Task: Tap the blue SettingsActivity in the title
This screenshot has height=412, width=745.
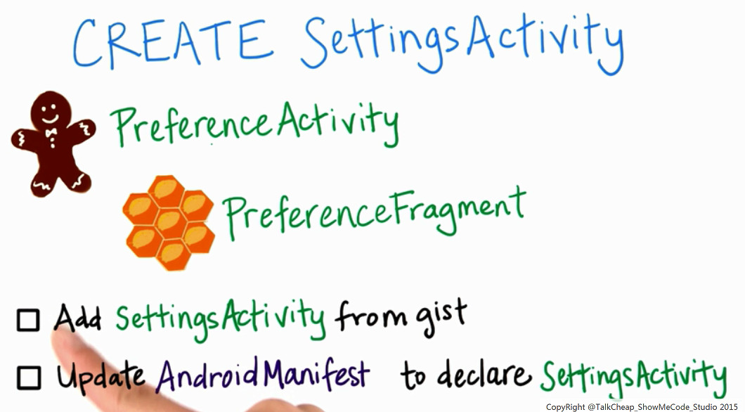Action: pyautogui.click(x=462, y=44)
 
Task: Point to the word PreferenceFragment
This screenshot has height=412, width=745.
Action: pyautogui.click(x=375, y=212)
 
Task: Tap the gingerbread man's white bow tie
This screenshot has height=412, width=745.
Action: pyautogui.click(x=51, y=132)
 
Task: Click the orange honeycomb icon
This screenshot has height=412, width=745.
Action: pyautogui.click(x=168, y=222)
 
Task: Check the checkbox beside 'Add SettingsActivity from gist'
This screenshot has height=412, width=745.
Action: pyautogui.click(x=28, y=320)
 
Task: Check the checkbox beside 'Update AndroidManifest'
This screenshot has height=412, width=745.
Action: pyautogui.click(x=29, y=378)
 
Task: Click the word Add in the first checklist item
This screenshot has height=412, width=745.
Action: pyautogui.click(x=77, y=317)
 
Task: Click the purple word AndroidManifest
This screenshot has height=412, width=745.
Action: pyautogui.click(x=263, y=374)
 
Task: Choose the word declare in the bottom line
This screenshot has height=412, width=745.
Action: pyautogui.click(x=484, y=374)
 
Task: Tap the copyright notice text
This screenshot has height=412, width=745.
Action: pyautogui.click(x=642, y=407)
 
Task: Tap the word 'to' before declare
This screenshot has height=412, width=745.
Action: pyautogui.click(x=413, y=375)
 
